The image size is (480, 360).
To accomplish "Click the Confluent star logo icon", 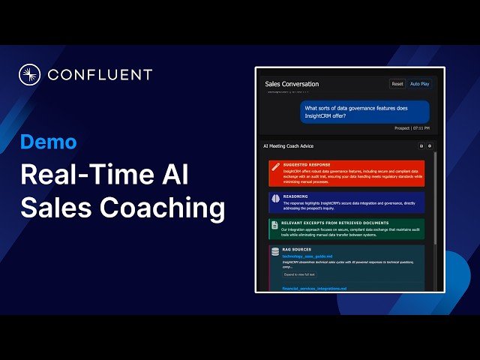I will coord(29,75).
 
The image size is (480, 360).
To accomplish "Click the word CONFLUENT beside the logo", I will coord(100,75).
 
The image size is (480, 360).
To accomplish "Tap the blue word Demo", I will coord(48,142).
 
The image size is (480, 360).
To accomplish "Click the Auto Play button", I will coord(420,84).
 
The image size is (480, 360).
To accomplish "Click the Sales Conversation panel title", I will coord(292,84).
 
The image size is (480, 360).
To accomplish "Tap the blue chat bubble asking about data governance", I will coord(365,112).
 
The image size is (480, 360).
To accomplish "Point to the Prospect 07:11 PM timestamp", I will coord(412,128).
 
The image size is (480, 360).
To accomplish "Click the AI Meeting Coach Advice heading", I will coord(288,145).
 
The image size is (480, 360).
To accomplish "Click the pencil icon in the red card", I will coord(275,166).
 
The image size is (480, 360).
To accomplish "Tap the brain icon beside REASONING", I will coord(275,197).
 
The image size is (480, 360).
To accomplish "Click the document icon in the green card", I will coord(275,224).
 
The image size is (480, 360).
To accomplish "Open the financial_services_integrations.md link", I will coord(314,288).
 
